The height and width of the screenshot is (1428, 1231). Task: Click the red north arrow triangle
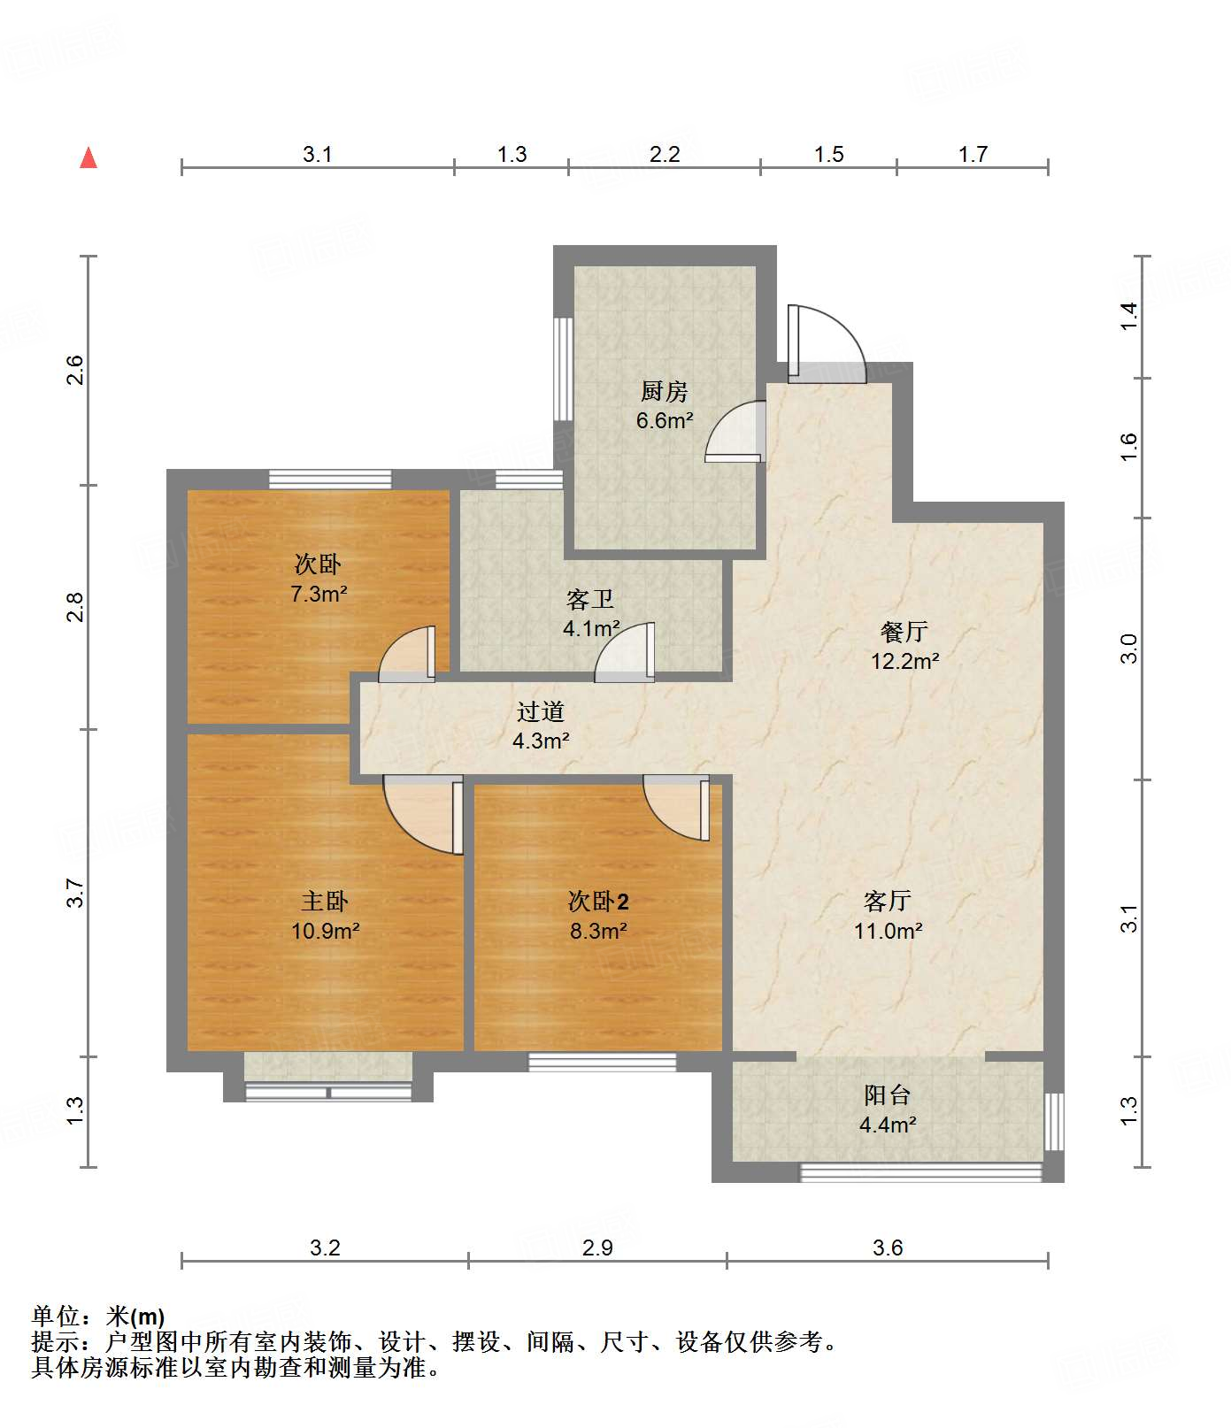coord(88,158)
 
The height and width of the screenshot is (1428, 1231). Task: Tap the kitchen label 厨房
coord(664,391)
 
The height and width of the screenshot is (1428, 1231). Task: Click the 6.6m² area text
coord(664,421)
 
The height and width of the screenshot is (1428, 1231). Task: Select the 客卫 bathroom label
coord(590,600)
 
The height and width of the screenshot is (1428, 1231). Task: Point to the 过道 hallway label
coord(540,711)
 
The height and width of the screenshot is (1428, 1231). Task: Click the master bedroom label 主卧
coord(325,902)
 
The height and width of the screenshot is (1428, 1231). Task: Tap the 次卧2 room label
coord(598,902)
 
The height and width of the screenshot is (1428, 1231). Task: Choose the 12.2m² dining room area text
coord(904,661)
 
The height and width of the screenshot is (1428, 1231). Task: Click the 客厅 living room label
coord(888,902)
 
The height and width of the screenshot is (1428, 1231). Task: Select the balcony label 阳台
coord(888,1095)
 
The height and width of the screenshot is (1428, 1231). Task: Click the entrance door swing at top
coord(825,343)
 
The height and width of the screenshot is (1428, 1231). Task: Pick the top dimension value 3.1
coord(317,155)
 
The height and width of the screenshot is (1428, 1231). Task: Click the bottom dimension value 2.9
coord(597,1248)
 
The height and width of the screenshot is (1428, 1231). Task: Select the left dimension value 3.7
coord(76,892)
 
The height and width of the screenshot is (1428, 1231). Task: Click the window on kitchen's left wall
coord(563,368)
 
